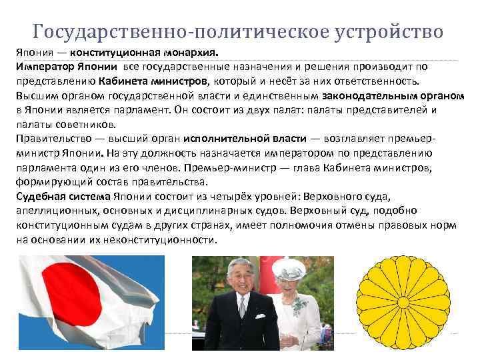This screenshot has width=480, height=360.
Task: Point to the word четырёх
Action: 279,196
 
